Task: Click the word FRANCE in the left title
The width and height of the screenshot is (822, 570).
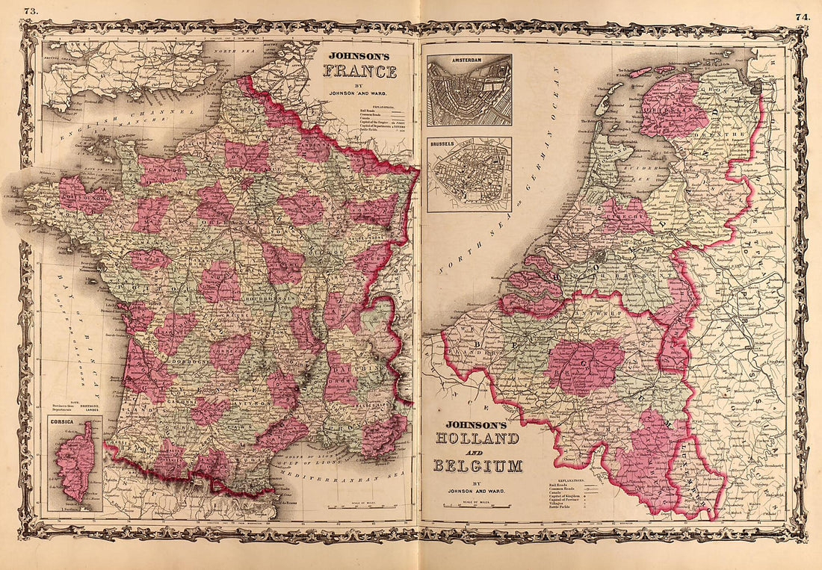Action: [359, 72]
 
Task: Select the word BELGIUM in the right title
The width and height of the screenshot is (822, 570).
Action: [477, 467]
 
